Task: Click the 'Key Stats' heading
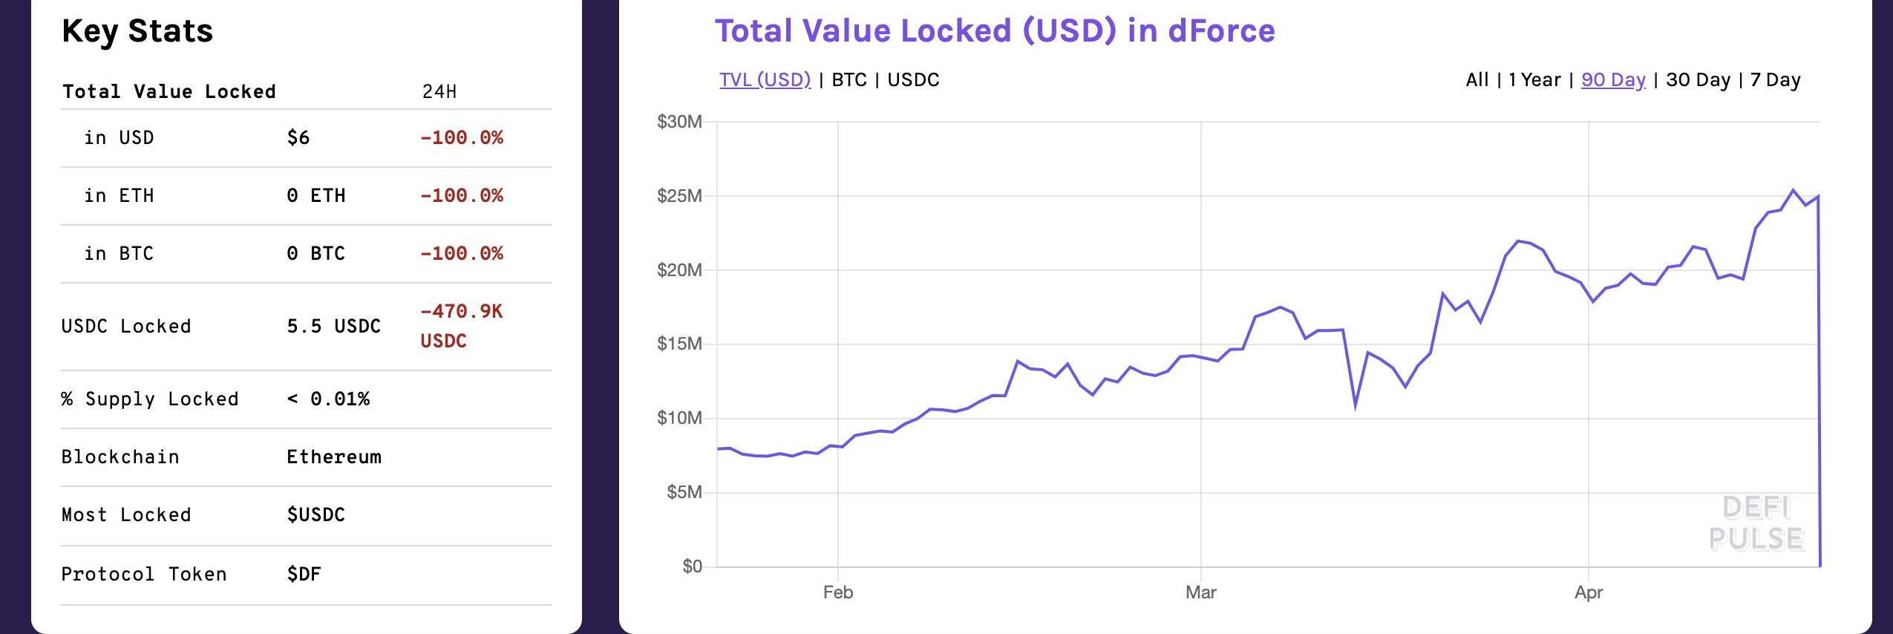tap(137, 31)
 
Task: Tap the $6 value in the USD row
tap(298, 137)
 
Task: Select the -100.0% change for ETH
tap(461, 195)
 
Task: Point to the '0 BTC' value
tap(315, 253)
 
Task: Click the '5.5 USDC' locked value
tap(333, 326)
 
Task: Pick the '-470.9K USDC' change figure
tap(461, 326)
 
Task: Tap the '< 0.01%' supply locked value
tap(328, 399)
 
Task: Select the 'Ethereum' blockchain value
tap(334, 457)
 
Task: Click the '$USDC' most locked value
tap(315, 514)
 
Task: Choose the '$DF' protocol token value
tap(304, 574)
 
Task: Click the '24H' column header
tap(439, 91)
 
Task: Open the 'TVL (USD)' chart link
tap(765, 79)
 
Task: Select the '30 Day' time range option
tap(1698, 79)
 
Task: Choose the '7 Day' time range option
tap(1775, 79)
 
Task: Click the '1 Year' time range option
tap(1534, 79)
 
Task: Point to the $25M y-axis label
tap(679, 196)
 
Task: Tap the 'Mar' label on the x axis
tap(1200, 592)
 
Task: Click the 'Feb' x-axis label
tap(838, 592)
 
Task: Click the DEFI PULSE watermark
tap(1756, 523)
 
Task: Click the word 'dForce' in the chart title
tap(1221, 31)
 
